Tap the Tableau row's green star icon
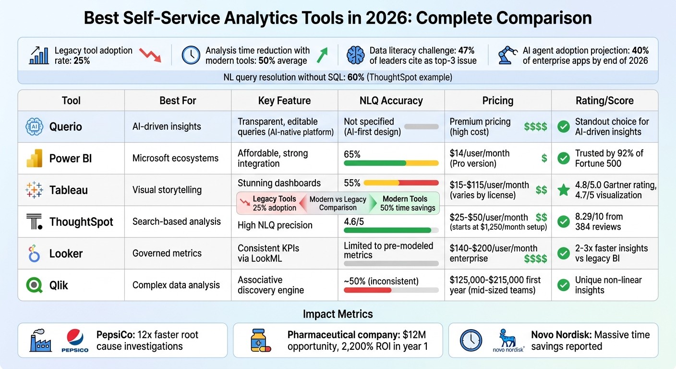(563, 190)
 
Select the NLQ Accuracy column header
(391, 100)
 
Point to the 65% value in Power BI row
(352, 154)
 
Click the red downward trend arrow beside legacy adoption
(150, 55)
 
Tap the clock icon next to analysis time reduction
(191, 55)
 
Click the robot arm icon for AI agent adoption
(508, 55)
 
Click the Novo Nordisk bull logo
(508, 339)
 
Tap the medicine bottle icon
(260, 340)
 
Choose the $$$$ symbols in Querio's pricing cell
(535, 127)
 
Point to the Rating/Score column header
(604, 100)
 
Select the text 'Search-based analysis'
(177, 221)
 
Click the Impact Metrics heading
(338, 314)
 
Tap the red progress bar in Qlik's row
(368, 290)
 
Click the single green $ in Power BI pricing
(544, 158)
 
